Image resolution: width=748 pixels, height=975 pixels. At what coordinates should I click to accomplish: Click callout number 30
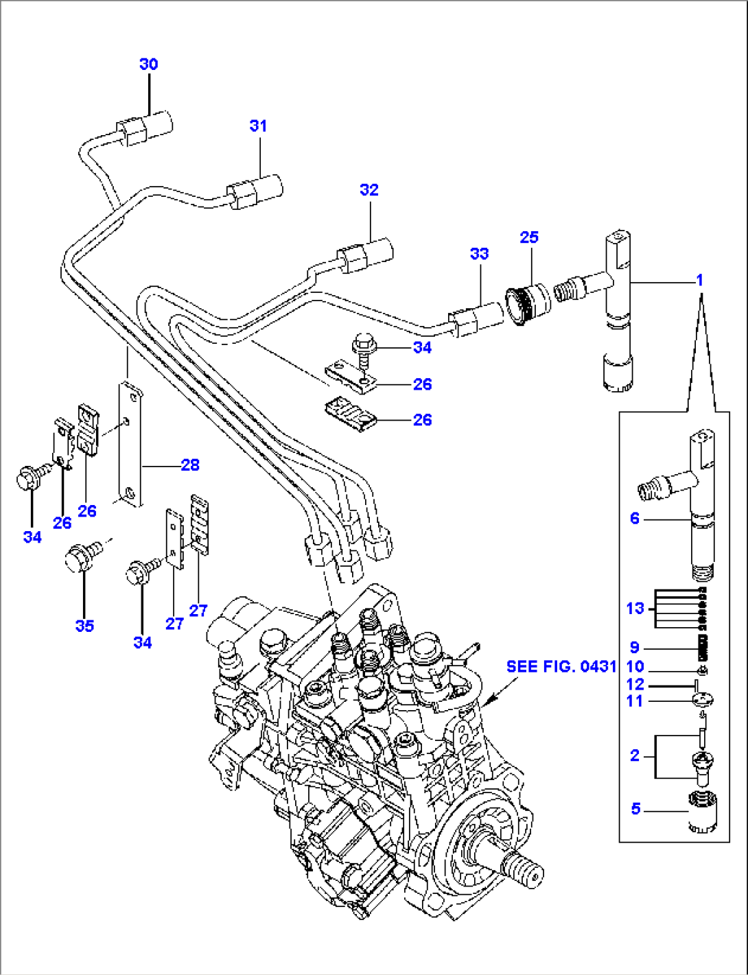[x=149, y=64]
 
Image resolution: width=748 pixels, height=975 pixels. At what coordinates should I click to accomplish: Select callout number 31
[x=258, y=126]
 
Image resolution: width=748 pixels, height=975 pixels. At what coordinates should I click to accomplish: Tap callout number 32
[x=369, y=190]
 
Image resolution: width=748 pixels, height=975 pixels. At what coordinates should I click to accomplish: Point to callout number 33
[x=479, y=254]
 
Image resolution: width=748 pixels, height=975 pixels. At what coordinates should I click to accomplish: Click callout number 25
[x=529, y=237]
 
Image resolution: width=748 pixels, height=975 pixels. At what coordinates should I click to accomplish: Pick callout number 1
[x=699, y=281]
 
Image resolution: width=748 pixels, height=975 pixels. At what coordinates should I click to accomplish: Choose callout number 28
[x=190, y=465]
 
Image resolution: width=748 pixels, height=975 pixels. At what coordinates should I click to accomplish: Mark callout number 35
[x=84, y=626]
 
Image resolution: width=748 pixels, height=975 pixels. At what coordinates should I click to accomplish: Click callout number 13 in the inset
[x=635, y=608]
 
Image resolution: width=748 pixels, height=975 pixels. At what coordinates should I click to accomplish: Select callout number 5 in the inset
[x=635, y=809]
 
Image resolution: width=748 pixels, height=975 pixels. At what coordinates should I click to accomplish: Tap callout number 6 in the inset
[x=634, y=519]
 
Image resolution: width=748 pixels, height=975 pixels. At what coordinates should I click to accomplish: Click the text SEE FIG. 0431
[x=561, y=667]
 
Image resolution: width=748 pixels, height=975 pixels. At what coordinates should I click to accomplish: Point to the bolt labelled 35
[x=81, y=555]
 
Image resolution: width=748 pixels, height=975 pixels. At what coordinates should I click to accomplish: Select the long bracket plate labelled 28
[x=130, y=446]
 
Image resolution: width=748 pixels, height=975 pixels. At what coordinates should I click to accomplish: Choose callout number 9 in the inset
[x=635, y=647]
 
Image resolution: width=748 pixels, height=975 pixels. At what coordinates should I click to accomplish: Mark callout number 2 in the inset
[x=635, y=755]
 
